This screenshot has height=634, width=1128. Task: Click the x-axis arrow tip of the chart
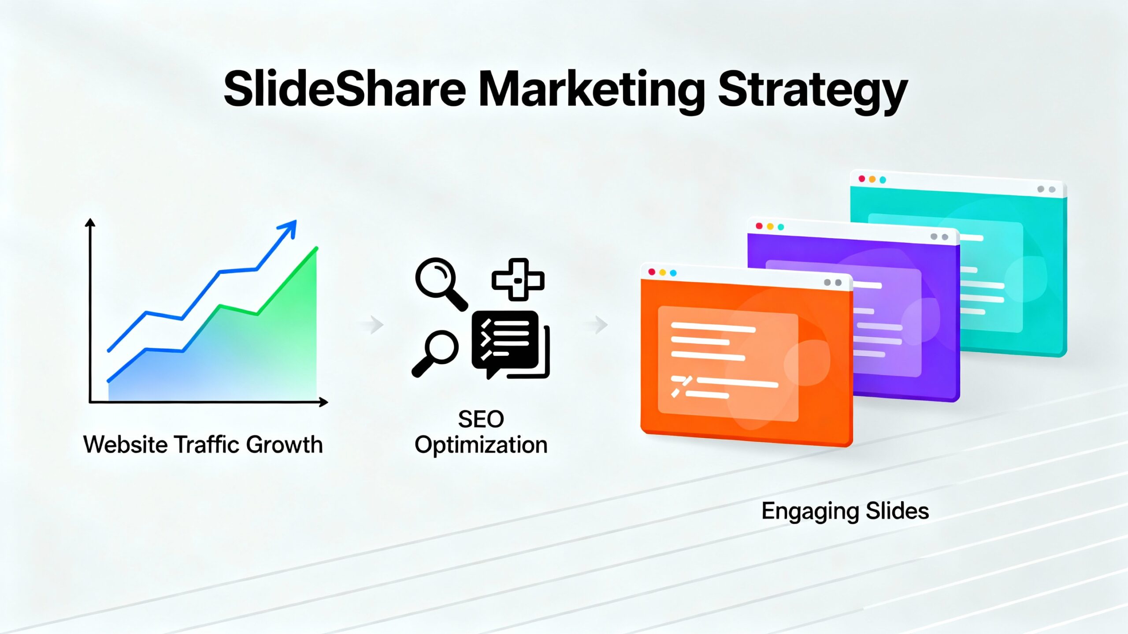coord(325,402)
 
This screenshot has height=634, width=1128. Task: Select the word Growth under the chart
coord(284,444)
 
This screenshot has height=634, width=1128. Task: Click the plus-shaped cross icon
coord(518,280)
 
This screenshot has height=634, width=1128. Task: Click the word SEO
coord(481,419)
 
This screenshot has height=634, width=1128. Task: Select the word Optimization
coord(481,445)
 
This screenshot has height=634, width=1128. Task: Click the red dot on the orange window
coord(652,272)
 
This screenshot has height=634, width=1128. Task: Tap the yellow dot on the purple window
coord(770,226)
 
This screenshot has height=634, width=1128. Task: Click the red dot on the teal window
coord(861,179)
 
